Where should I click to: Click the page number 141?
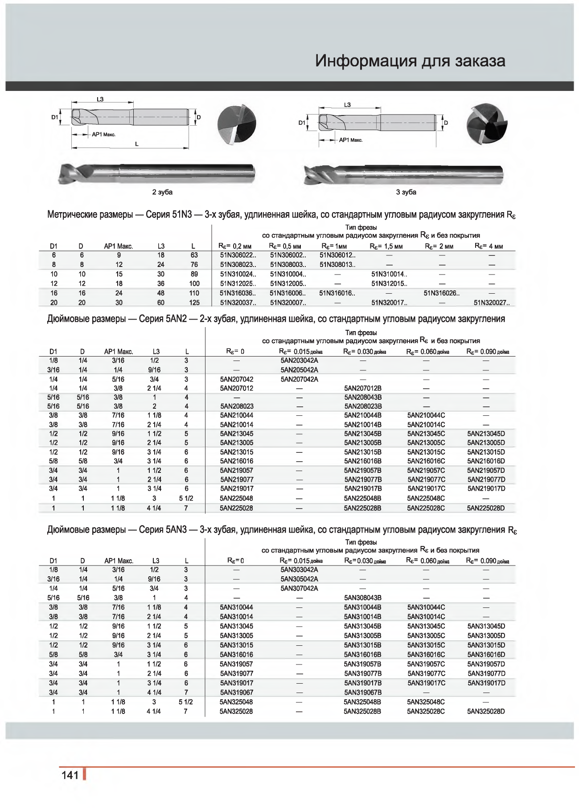coord(70,775)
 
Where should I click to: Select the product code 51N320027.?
coord(491,303)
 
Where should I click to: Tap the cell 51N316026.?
coord(441,293)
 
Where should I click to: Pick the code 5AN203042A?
coord(299,361)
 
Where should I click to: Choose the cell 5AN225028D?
coord(486,508)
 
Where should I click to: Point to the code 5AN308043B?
coord(362,598)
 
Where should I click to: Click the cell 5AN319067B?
coord(362,693)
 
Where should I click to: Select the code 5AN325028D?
coord(486,711)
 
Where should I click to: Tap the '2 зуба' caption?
coord(162,192)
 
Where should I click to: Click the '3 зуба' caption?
coord(406,192)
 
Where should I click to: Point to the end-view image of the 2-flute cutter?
coord(237,124)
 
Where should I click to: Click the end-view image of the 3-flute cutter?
coord(487,124)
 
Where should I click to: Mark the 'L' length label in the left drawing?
coord(137,144)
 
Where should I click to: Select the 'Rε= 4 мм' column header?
coord(489,246)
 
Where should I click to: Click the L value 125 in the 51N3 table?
coord(194,303)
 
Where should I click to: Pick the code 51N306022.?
coord(238,255)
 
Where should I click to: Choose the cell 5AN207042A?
coord(299,379)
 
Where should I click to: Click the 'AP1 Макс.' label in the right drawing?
coord(351,140)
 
